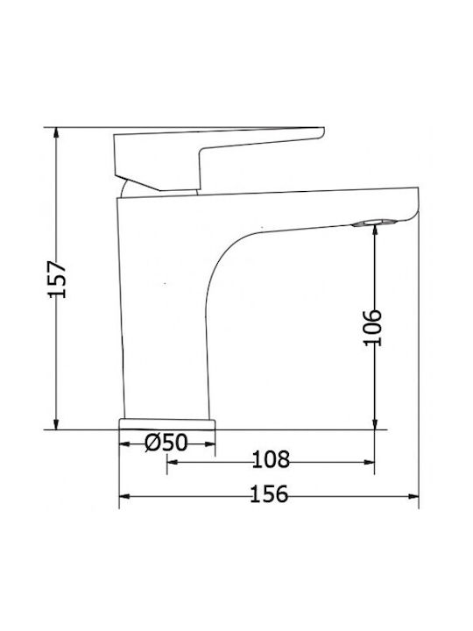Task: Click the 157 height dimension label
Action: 57,280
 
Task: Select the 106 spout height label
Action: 372,328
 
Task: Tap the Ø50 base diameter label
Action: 166,443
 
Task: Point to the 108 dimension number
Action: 271,459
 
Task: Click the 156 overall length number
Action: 269,493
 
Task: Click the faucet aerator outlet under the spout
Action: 374,223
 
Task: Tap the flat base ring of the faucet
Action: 167,424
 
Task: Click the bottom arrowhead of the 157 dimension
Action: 56,423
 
